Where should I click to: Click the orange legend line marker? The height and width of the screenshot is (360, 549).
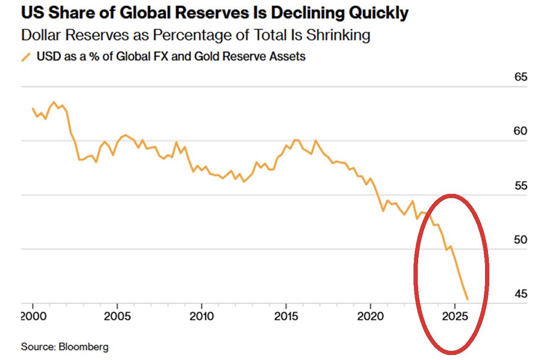point(27,57)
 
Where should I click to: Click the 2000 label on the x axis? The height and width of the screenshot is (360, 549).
point(32,316)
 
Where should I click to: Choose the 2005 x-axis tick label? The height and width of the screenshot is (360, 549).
point(117,316)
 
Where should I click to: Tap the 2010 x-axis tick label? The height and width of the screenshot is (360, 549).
point(202,316)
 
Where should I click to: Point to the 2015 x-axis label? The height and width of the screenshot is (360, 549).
point(286,316)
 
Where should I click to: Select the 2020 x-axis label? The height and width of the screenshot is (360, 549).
point(370,316)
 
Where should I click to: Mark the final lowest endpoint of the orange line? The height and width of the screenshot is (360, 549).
point(467,300)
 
